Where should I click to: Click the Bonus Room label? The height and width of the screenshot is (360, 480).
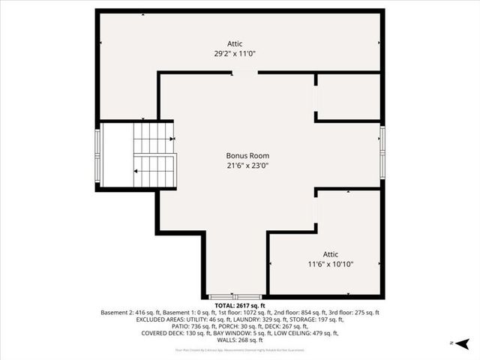247,156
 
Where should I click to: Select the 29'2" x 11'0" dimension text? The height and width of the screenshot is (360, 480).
240,53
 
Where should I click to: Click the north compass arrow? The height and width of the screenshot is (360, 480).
463,343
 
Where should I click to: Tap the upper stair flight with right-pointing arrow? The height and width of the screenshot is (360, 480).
154,139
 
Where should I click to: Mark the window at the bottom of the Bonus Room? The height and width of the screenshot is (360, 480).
234,297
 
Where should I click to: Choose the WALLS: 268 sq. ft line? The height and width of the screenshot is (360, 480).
239,340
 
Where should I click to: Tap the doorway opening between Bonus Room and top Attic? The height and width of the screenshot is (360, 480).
244,72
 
